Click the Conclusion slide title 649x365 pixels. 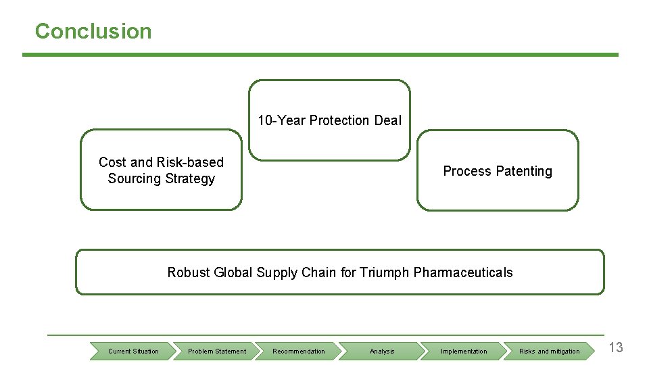[x=93, y=31]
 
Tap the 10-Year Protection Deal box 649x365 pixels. [x=329, y=120]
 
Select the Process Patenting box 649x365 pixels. [x=498, y=171]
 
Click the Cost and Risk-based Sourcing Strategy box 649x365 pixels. [x=161, y=170]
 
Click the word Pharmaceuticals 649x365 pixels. [x=463, y=272]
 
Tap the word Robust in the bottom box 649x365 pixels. [x=189, y=272]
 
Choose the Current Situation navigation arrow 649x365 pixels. [x=133, y=351]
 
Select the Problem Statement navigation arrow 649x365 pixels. [x=217, y=351]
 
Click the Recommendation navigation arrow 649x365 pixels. [x=299, y=351]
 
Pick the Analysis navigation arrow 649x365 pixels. [x=382, y=351]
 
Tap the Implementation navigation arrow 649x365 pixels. [x=464, y=351]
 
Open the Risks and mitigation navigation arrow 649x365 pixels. [x=549, y=351]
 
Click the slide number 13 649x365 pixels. [x=616, y=348]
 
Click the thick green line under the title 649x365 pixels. [x=320, y=55]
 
